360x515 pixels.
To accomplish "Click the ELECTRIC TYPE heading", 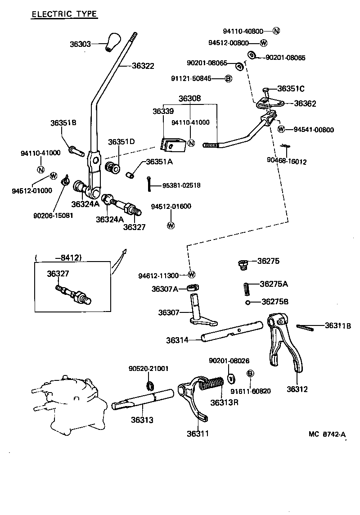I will [x=64, y=14].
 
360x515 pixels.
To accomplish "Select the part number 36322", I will [x=143, y=66].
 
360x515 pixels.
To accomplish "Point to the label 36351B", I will [x=63, y=122].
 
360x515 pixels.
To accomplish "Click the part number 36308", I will [x=189, y=98].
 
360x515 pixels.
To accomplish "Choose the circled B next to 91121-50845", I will [x=228, y=79].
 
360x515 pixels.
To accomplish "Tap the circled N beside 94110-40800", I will [x=276, y=31].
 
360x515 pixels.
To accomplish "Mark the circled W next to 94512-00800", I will [x=264, y=43].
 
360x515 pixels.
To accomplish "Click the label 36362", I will [x=305, y=104].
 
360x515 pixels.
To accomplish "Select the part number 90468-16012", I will [x=287, y=161].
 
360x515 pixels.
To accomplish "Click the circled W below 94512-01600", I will [x=171, y=225].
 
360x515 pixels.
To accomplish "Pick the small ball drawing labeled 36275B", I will [x=247, y=302].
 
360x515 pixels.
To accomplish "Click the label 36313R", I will [x=224, y=402].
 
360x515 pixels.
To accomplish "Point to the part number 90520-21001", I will [x=148, y=369].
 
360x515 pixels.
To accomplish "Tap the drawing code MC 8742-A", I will [x=327, y=434].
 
